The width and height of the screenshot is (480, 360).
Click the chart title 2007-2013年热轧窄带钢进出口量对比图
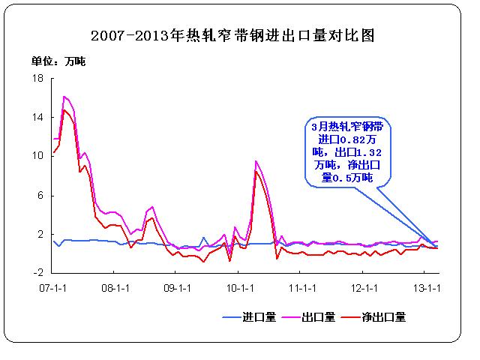click(x=232, y=35)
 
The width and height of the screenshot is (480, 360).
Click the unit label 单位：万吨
click(x=58, y=61)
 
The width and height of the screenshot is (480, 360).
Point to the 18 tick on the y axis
click(x=39, y=77)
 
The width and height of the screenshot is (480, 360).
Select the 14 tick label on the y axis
click(x=39, y=117)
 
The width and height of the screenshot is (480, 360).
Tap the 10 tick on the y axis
click(x=39, y=156)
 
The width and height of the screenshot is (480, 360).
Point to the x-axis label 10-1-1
click(x=239, y=287)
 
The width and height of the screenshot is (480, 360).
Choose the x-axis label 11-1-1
click(x=302, y=287)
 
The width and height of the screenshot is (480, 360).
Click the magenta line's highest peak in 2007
click(x=64, y=97)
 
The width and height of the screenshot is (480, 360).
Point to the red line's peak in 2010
click(x=256, y=171)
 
